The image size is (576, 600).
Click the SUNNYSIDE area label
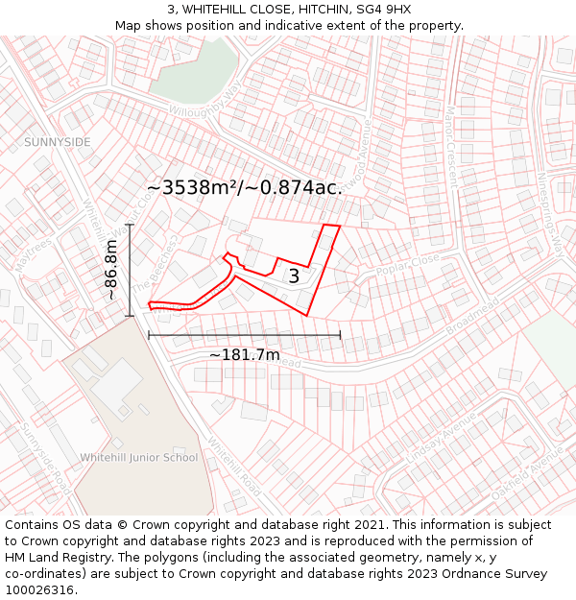pyautogui.click(x=58, y=142)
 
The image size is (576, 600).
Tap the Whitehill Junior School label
pyautogui.click(x=139, y=457)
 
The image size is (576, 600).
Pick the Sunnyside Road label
pyautogui.click(x=42, y=452)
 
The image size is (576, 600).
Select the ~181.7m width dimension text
pyautogui.click(x=244, y=355)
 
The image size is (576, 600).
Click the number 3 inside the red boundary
pyautogui.click(x=294, y=276)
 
